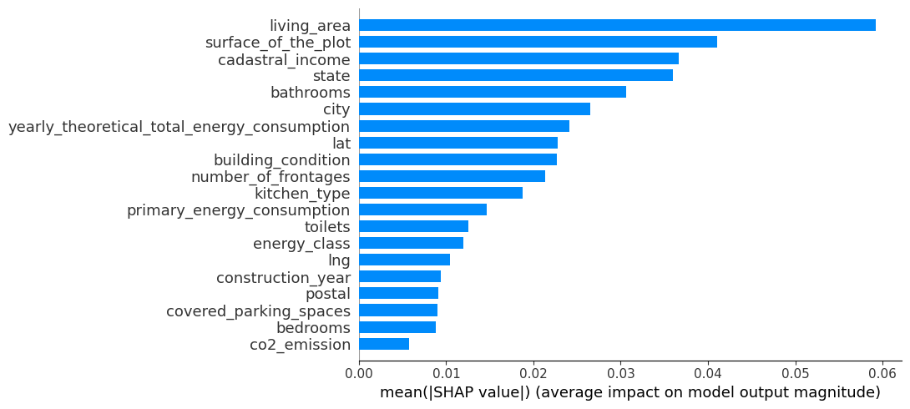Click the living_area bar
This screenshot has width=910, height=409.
(x=617, y=25)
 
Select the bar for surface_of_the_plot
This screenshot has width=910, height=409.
(x=538, y=42)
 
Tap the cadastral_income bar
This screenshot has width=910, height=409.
(x=518, y=58)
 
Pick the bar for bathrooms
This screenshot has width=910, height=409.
(x=493, y=92)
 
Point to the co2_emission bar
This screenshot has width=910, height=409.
(x=384, y=344)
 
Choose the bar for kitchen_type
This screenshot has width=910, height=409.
(x=441, y=193)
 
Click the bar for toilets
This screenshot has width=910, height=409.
(x=413, y=226)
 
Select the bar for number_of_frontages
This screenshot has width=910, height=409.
(x=452, y=176)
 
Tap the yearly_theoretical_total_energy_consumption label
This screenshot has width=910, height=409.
(x=179, y=126)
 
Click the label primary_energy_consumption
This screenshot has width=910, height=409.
(x=238, y=210)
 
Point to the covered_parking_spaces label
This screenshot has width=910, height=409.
(x=258, y=311)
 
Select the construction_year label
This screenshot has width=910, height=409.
(x=283, y=277)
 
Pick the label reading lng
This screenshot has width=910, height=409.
(x=339, y=260)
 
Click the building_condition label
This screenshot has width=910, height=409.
(x=281, y=159)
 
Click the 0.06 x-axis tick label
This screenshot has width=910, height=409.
(x=883, y=372)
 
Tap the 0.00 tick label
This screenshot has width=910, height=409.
(x=359, y=372)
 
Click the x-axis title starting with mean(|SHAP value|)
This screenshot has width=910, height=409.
(x=630, y=392)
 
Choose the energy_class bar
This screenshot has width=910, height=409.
(x=411, y=243)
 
